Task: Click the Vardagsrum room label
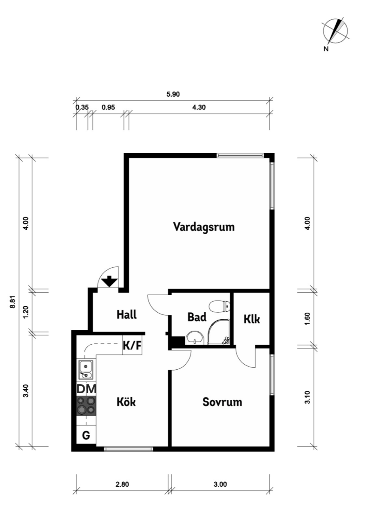(204, 227)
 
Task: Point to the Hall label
(126, 314)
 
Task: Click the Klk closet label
(252, 319)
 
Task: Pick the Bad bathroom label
(197, 317)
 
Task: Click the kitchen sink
(86, 369)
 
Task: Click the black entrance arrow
(110, 281)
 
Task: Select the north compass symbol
(335, 31)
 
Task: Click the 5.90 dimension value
(173, 94)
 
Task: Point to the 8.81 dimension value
(13, 301)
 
